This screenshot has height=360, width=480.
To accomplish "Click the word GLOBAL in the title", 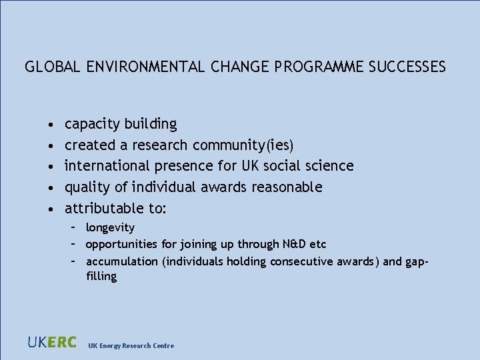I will (x=53, y=67).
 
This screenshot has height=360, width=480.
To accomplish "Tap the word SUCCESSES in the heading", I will (x=407, y=67).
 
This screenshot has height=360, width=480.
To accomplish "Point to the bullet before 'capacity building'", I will (x=51, y=125).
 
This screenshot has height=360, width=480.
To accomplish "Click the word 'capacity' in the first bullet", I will (x=92, y=125).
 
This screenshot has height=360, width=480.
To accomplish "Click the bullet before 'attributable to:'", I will (x=51, y=209).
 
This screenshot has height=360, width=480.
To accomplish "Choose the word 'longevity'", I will (x=110, y=228).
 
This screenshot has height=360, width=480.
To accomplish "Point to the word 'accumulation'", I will (x=121, y=261).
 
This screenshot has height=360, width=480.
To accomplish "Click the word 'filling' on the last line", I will (x=101, y=276).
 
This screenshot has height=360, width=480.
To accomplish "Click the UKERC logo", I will (x=53, y=343).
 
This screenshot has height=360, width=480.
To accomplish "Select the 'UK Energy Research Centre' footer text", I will (x=131, y=345).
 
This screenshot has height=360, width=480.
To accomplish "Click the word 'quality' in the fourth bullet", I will (x=88, y=187).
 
